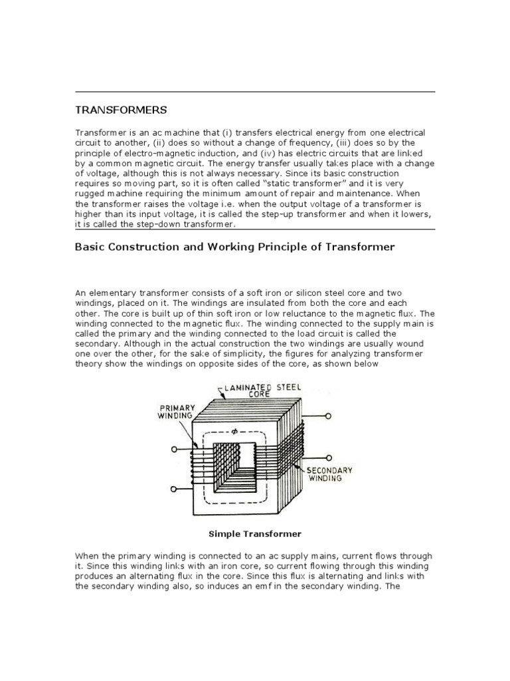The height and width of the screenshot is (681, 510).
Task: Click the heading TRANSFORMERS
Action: [121, 109]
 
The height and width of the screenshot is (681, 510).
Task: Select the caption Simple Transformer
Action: [255, 533]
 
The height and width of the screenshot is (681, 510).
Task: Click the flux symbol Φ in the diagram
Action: [234, 430]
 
